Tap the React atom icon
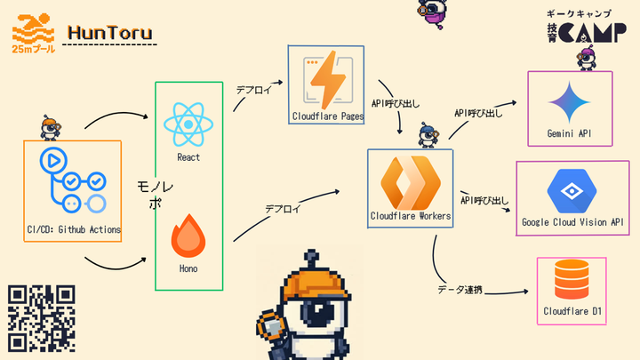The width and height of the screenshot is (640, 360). point(188,123)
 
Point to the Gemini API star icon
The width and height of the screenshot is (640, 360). point(570,103)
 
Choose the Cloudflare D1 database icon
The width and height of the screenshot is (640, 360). point(572,280)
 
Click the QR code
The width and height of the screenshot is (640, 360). point(41,317)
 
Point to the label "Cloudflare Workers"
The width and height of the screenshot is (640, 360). point(410,216)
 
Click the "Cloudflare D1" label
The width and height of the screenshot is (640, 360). point(572,311)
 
